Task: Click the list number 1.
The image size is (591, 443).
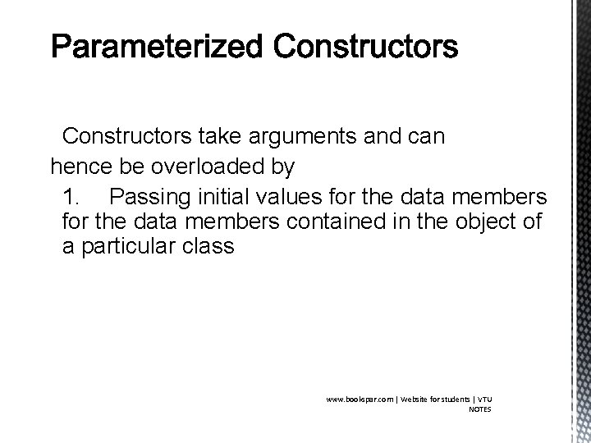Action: click(72, 198)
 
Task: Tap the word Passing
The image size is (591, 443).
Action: click(146, 198)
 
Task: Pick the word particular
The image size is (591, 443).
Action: click(130, 245)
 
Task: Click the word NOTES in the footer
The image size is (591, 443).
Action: click(480, 409)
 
